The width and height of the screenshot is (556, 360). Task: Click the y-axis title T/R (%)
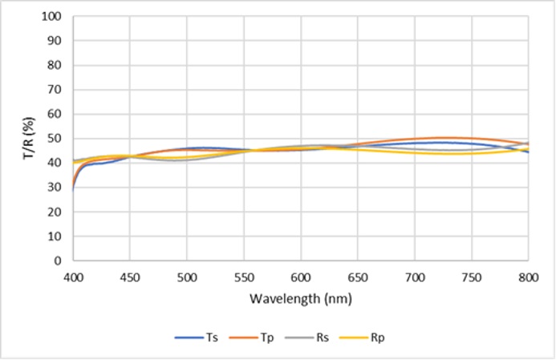(x=28, y=138)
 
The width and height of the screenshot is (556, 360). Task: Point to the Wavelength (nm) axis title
(x=300, y=299)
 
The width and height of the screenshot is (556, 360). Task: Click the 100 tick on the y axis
(x=54, y=16)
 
